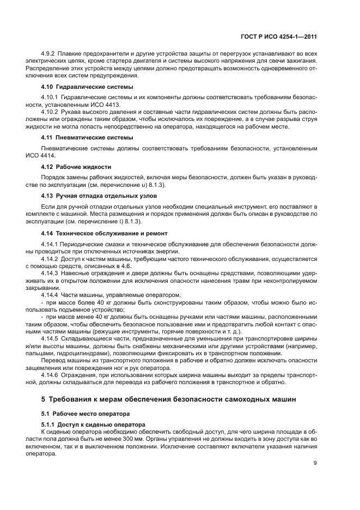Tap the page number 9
coord(315,463)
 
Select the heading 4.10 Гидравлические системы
coord(87,87)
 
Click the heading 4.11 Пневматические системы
coord(87,138)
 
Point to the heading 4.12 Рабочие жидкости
coord(76,166)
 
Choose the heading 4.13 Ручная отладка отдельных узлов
coord(100,195)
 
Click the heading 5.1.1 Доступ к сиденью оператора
coord(93,424)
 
